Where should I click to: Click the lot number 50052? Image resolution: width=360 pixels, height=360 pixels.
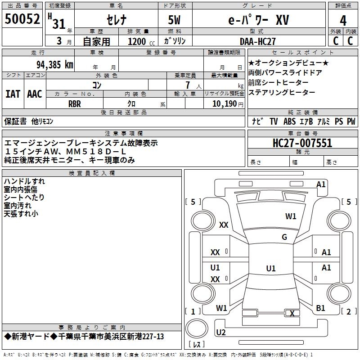tap(22, 19)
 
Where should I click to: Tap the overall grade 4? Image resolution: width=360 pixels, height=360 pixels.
tap(343, 21)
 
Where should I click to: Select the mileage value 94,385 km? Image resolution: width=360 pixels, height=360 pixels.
tap(55, 65)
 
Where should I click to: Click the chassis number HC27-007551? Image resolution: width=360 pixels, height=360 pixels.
tap(302, 143)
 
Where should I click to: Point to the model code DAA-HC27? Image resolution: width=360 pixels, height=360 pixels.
tap(257, 41)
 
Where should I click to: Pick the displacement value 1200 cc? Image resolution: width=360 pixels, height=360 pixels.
tap(141, 42)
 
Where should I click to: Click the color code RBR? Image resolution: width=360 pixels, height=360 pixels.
tap(75, 104)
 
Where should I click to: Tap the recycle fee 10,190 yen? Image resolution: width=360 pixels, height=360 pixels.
tap(228, 104)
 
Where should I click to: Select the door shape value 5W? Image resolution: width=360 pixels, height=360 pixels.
tap(174, 20)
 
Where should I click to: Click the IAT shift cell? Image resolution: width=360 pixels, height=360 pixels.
tap(13, 94)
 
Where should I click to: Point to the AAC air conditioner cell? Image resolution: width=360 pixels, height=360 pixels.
tap(35, 94)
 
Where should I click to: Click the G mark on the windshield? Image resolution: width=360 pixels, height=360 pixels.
tap(284, 237)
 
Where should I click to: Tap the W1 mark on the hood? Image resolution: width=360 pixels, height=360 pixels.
tap(291, 216)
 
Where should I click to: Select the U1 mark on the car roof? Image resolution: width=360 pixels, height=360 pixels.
tap(271, 268)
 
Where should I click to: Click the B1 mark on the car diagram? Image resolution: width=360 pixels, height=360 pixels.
tap(320, 308)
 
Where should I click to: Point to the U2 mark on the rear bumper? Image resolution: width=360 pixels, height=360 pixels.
tap(221, 332)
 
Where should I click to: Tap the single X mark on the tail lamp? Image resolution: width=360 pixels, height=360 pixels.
tap(292, 313)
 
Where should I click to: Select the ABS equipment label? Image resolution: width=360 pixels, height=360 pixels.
tap(289, 121)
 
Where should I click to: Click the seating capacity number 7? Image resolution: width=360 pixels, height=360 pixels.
tap(188, 85)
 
